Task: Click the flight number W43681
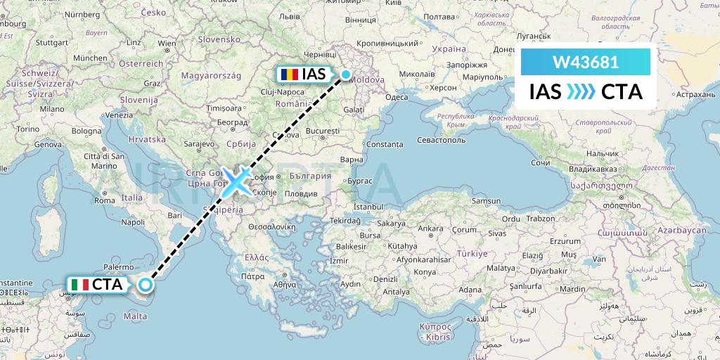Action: point(586,63)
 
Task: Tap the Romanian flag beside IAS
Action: point(288,74)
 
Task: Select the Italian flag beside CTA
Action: point(79,285)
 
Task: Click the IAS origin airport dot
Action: point(346,74)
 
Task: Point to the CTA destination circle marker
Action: point(145,285)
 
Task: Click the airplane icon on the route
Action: point(237,180)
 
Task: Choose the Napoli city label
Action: point(132,221)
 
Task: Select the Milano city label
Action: point(51,109)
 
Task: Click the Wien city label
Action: point(167,44)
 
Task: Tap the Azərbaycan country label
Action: point(681,231)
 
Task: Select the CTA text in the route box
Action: point(622,92)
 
